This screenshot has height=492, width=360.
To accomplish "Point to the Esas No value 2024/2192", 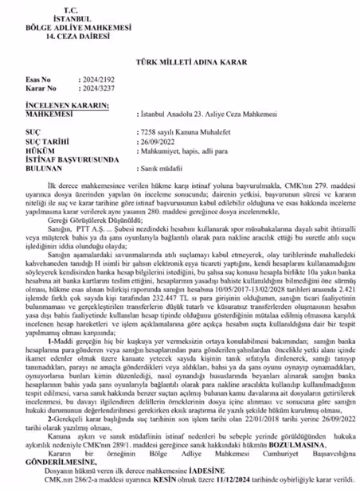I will (98, 103).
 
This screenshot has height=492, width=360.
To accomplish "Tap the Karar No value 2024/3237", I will (98, 111).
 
